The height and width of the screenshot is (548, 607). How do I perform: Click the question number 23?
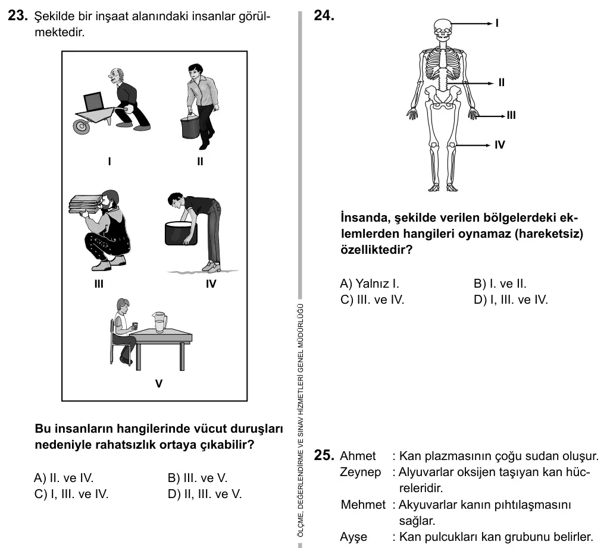coord(18,15)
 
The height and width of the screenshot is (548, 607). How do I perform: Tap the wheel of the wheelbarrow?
coord(82,126)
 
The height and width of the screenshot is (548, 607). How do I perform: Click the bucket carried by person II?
coord(190,128)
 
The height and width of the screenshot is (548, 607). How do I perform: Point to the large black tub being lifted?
coord(181,233)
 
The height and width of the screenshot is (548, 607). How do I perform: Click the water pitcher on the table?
coord(159,322)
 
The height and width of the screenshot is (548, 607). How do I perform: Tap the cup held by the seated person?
coord(135,326)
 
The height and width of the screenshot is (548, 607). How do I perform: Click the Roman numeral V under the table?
coord(159,383)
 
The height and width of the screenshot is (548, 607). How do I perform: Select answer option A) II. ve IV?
coord(64,478)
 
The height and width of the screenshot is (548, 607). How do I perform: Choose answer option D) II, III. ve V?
coord(205,494)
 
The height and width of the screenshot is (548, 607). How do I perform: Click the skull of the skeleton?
coord(443,30)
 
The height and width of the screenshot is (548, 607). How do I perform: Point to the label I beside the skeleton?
coord(497,23)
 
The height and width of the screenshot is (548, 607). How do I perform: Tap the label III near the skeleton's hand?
coord(511,115)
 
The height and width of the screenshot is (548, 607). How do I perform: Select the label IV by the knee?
coord(500,144)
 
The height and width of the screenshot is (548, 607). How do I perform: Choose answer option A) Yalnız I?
coord(370,284)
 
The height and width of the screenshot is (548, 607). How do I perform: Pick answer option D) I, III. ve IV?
coord(511,300)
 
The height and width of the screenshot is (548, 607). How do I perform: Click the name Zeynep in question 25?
coord(361,472)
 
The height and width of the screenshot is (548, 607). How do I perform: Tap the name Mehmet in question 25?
coord(363,505)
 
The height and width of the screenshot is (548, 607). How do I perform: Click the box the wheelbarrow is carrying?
coord(93,102)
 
